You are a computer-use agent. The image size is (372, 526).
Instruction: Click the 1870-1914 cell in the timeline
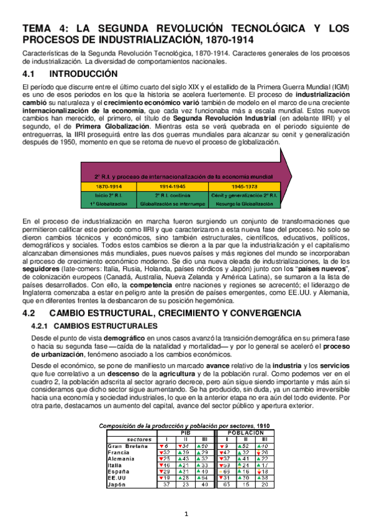[109, 185]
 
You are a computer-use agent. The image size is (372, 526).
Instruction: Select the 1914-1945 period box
[173, 185]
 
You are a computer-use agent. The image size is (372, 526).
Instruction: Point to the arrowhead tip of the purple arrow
[293, 168]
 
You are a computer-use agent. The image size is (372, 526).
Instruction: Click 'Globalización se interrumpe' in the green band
[173, 203]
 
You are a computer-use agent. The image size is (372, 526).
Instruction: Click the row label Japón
[118, 485]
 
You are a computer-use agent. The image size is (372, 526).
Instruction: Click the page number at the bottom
[186, 514]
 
